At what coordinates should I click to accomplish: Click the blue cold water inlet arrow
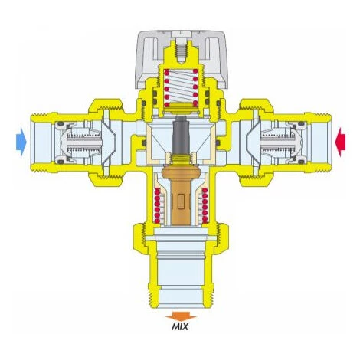(x=21, y=142)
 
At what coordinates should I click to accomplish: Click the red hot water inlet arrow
(x=341, y=142)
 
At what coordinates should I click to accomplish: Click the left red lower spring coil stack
(x=157, y=205)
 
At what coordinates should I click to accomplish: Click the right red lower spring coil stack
(x=205, y=205)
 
